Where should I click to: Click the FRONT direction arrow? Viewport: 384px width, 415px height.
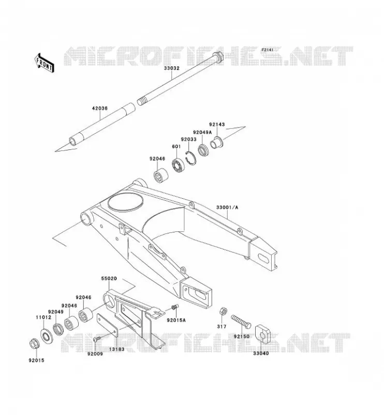point(45,63)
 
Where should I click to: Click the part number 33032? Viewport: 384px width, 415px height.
point(171,68)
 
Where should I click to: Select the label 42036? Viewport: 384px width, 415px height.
point(99,108)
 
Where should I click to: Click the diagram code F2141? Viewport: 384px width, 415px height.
point(267,49)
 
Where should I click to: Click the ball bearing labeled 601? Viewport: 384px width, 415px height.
point(178,165)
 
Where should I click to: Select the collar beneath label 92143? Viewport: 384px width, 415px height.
point(217,142)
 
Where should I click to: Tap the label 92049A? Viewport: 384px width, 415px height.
point(202,132)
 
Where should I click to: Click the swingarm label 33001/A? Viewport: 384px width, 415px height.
point(227,207)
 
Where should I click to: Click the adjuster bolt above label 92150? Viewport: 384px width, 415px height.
point(241,322)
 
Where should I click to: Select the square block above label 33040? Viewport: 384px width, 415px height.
point(263,335)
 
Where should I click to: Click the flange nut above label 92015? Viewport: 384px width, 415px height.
point(35,344)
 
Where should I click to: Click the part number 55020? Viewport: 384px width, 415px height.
point(109,279)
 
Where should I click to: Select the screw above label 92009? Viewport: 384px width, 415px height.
point(97,339)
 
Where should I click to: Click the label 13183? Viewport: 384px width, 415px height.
point(117,349)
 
